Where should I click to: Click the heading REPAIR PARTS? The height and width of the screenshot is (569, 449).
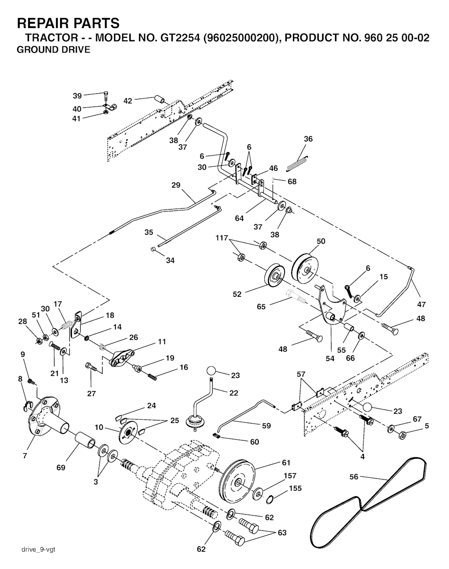tap(68, 23)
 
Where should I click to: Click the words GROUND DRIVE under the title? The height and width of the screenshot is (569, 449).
tap(53, 50)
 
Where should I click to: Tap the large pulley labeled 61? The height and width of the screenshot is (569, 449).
tap(239, 482)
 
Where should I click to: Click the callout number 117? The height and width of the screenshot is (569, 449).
tap(222, 238)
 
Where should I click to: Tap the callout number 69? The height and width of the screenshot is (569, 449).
tap(61, 468)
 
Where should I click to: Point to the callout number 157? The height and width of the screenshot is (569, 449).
tap(290, 476)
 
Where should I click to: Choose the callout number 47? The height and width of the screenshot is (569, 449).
tap(421, 304)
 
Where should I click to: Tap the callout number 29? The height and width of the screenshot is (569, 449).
tap(176, 185)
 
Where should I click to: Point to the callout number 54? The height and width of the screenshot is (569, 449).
tap(330, 359)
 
